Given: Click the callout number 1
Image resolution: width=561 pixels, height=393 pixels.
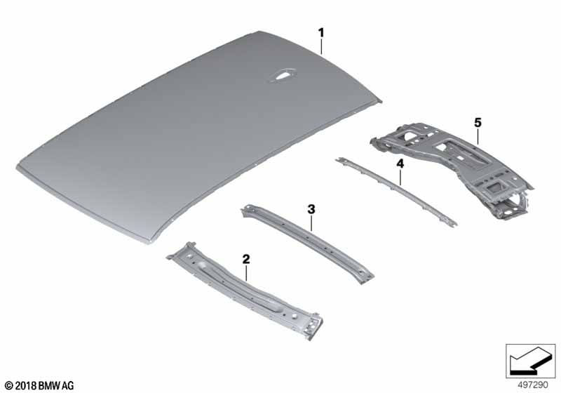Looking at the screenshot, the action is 321,33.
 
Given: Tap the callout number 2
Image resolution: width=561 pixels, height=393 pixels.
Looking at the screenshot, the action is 246,259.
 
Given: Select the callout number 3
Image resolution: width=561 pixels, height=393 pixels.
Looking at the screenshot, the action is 311,209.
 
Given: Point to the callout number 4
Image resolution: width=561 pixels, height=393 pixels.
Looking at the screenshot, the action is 400,164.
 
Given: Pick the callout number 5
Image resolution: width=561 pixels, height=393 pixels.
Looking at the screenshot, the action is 478,123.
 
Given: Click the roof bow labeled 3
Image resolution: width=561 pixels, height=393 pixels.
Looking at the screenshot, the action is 308,244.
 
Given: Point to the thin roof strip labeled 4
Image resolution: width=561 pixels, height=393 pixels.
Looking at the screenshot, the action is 396,190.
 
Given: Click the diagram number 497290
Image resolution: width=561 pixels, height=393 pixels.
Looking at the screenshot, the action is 533,385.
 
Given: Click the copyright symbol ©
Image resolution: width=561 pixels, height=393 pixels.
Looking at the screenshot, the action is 9,386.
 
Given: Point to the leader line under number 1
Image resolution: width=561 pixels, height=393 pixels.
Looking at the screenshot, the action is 321,46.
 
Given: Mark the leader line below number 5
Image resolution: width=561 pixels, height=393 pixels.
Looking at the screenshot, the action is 478,136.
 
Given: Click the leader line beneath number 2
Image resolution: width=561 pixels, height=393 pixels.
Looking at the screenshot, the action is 246,273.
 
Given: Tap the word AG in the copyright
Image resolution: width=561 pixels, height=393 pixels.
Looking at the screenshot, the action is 68,386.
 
